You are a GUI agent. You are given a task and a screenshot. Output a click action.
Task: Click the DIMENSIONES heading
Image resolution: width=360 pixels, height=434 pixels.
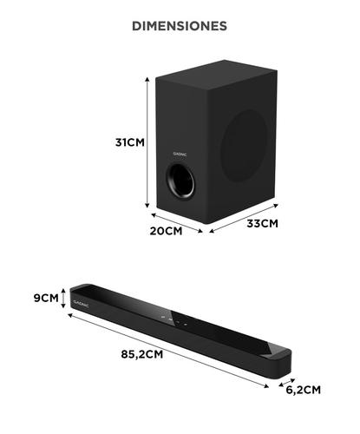point(180,26)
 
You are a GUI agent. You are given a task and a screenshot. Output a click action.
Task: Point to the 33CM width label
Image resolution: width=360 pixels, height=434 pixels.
point(259,223)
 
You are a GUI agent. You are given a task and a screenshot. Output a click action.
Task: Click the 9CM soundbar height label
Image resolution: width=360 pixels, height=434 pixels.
point(45,298)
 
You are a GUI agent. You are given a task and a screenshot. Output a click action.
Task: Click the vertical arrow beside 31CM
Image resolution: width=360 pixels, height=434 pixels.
point(147,142)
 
